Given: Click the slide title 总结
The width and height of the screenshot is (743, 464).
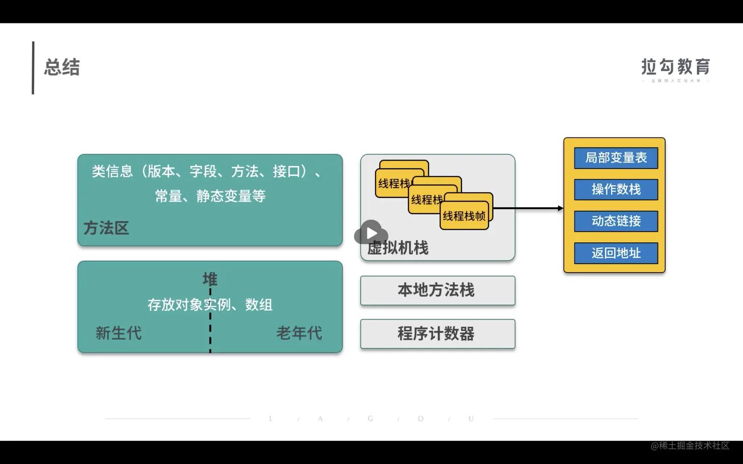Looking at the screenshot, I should coord(62,67).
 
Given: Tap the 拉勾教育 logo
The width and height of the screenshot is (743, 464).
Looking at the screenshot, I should coord(676,68).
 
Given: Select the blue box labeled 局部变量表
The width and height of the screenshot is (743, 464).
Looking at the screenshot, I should coord(616,158).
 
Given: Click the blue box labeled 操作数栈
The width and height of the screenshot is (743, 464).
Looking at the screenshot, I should coord(616,190).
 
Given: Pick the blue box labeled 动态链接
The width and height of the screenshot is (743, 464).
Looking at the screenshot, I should coord(616,221).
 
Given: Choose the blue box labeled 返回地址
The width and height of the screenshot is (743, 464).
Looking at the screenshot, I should coord(616,253).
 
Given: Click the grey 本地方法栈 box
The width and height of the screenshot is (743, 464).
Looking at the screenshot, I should coord(437,291).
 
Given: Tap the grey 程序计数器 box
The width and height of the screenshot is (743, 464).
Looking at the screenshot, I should coord(437,334).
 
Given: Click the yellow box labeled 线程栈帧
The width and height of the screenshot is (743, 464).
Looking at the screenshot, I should coord(464,216).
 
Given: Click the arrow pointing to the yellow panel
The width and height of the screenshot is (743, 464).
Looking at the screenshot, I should coord(528,208).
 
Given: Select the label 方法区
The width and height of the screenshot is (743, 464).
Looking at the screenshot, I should coord(106,228).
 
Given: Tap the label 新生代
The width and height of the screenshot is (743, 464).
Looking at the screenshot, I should coord(118,333).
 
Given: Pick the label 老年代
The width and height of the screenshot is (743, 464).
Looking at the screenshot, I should coord(299,333).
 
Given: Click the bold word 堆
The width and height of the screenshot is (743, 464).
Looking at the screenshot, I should coord(210,279).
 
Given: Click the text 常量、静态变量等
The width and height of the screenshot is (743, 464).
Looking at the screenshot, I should coord(210,196).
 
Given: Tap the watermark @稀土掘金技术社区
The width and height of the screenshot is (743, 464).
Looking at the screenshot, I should coord(690,446).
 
